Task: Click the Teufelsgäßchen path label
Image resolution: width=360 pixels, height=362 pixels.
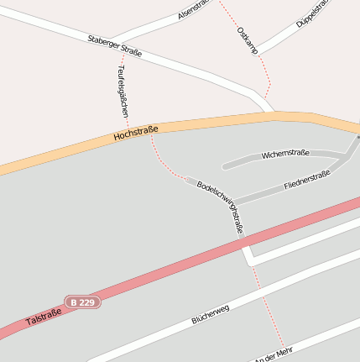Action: pyautogui.click(x=123, y=92)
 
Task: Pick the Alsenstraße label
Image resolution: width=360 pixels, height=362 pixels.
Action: pyautogui.click(x=194, y=11)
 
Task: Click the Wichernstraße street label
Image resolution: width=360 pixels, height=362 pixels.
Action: pyautogui.click(x=285, y=154)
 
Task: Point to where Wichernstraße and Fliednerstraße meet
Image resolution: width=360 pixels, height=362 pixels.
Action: pyautogui.click(x=346, y=155)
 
